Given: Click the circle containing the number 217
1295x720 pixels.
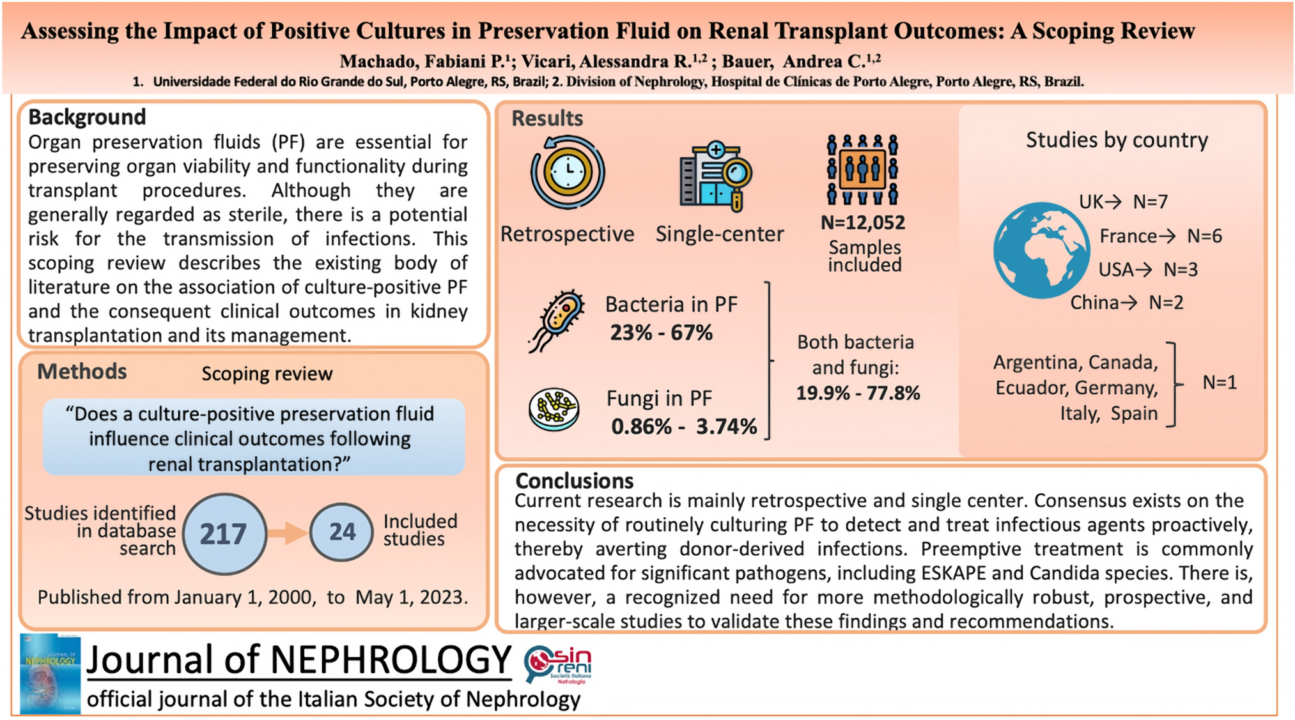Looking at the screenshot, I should click(224, 533).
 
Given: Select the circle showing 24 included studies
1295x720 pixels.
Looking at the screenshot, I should click(342, 532).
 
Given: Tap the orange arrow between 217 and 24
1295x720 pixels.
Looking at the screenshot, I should click(287, 533).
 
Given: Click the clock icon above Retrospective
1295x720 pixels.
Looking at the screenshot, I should click(568, 172).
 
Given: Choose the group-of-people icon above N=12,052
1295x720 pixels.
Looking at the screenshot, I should click(862, 169).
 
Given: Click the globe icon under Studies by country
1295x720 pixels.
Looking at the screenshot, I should click(1041, 250).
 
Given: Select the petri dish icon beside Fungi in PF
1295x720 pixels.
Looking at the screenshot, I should click(554, 409).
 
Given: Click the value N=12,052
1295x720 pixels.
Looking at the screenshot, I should click(863, 223).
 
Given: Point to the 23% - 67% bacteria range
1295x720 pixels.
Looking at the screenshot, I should click(661, 333).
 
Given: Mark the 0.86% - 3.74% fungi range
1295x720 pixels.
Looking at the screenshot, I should click(684, 426).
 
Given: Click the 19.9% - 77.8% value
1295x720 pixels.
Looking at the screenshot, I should click(858, 393).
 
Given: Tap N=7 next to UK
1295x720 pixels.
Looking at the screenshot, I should click(1150, 202).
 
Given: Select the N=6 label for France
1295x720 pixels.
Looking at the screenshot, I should click(1204, 236).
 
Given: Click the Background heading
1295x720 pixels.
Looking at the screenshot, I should click(87, 117).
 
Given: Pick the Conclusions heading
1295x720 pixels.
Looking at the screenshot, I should click(574, 480).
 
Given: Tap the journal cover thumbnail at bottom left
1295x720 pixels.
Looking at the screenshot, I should click(50, 674).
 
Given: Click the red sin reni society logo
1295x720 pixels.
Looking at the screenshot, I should click(557, 664).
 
